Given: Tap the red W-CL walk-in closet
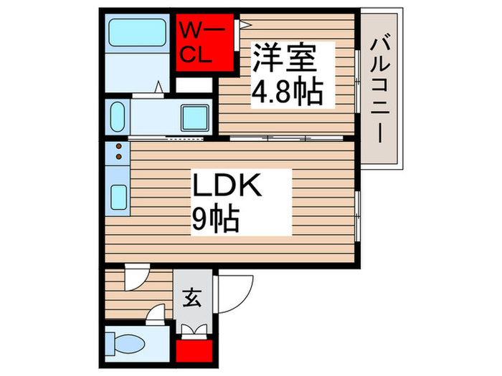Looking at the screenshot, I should [207, 43].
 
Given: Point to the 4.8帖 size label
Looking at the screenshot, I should [285, 91].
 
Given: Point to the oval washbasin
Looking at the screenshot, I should [118, 115].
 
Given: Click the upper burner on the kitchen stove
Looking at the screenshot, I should [118, 148].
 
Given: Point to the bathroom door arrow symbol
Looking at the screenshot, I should [159, 90].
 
